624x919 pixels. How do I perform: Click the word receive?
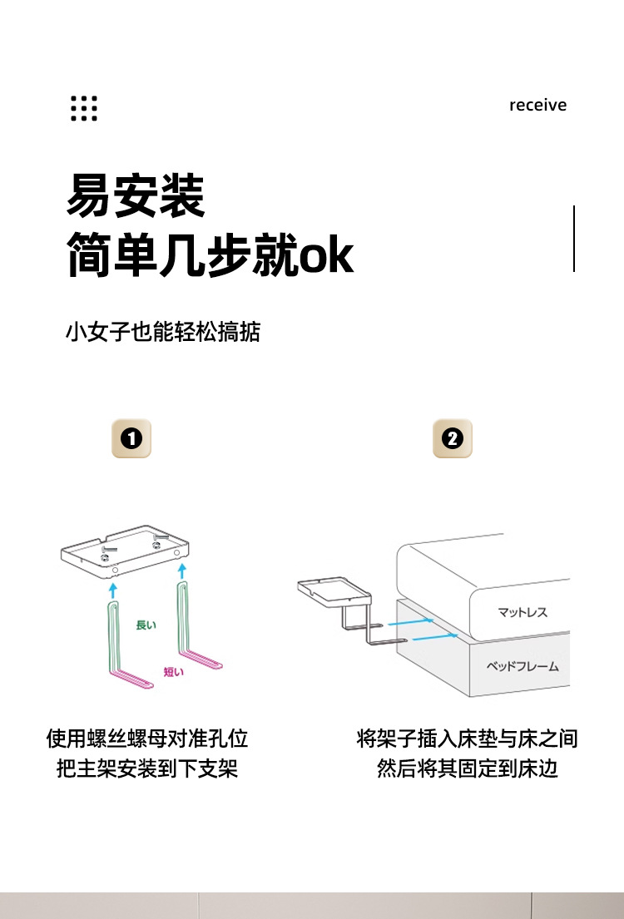click(x=537, y=106)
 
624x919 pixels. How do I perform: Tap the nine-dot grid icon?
click(x=84, y=108)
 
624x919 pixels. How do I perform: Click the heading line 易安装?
click(x=136, y=196)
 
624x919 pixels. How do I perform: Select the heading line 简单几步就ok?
click(x=210, y=255)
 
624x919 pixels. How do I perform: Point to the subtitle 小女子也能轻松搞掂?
click(x=163, y=333)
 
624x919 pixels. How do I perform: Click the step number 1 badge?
click(x=131, y=438)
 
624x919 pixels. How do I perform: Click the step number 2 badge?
click(x=453, y=438)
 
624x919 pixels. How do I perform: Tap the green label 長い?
click(x=146, y=625)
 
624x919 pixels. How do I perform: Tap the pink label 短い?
click(x=173, y=672)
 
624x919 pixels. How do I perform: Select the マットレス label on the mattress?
click(x=522, y=613)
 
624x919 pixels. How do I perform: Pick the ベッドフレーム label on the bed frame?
click(x=522, y=667)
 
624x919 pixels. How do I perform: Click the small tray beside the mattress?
click(x=333, y=590)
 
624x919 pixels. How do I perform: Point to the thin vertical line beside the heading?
click(x=574, y=238)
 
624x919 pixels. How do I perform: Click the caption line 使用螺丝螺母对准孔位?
click(x=147, y=739)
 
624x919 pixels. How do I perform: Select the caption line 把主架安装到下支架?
click(x=147, y=768)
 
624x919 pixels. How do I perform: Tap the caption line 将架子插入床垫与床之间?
click(x=467, y=739)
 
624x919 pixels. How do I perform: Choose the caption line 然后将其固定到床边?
click(x=467, y=768)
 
